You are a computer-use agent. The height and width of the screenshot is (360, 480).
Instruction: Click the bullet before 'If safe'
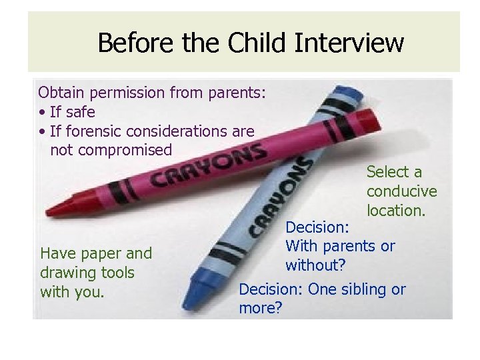pos(42,112)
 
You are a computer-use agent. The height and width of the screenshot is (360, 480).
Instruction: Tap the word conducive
pos(401,192)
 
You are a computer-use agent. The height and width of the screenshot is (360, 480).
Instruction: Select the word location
pos(397,211)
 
